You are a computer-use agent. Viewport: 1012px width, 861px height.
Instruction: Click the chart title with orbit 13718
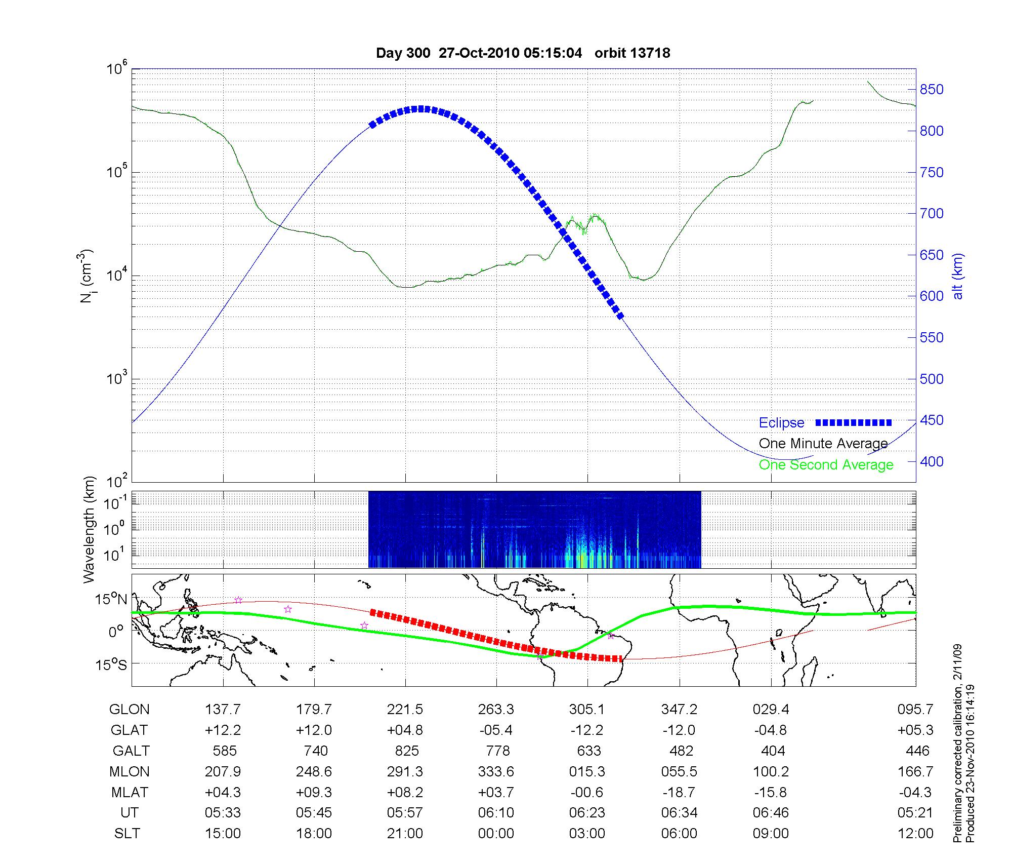tap(523, 53)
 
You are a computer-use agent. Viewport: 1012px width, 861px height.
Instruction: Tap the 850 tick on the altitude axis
tap(932, 90)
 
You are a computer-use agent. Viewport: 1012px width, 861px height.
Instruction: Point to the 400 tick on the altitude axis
tap(932, 461)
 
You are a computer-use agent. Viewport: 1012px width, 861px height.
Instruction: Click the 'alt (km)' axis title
tap(958, 276)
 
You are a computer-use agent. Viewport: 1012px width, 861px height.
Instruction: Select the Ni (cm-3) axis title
tap(86, 276)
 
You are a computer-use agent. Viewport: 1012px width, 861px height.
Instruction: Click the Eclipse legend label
tap(781, 423)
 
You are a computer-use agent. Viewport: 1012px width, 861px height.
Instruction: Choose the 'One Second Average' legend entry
tap(826, 465)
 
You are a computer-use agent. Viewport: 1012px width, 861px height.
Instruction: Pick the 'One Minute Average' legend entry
tap(823, 444)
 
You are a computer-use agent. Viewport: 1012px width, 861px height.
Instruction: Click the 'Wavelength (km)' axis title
tap(89, 529)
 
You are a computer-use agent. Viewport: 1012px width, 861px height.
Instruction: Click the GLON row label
tap(129, 710)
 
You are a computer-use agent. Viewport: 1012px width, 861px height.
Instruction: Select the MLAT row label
tap(129, 792)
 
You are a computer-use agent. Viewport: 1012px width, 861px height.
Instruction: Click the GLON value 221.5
tap(405, 710)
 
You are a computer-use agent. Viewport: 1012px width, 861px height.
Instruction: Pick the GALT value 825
tap(407, 751)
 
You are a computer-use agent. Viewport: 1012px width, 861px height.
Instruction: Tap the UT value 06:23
tap(587, 813)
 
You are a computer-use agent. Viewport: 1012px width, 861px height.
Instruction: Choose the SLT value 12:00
tap(915, 834)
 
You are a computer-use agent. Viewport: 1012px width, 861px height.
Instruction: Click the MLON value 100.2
tap(771, 772)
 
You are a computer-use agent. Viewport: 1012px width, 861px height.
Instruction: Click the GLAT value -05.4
tap(496, 730)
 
